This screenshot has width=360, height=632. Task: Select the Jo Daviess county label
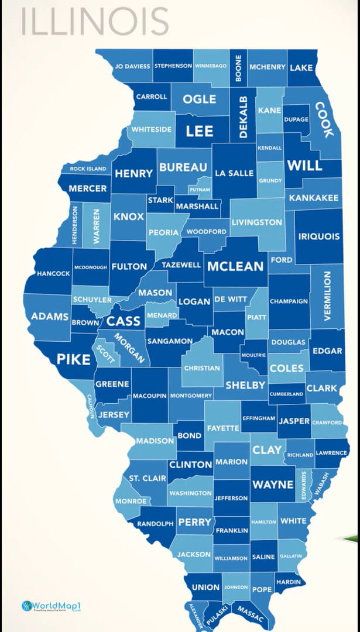coord(132,67)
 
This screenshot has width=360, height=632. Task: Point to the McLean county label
coord(236,266)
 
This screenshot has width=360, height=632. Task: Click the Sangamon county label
coord(170,341)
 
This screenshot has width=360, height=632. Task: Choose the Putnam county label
coord(200,190)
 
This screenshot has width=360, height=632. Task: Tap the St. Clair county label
coord(148,478)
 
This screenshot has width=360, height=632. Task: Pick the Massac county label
coord(250,614)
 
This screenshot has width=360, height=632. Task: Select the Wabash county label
coord(321,484)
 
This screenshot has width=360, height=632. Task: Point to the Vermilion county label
coord(327,296)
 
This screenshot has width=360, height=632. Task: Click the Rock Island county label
coord(88,169)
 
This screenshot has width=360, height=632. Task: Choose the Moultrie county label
coord(253,355)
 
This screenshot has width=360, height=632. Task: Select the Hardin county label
coord(288,582)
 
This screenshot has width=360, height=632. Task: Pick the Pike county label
coord(73,359)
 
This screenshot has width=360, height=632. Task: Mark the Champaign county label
coord(289,301)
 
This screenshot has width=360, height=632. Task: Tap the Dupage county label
coord(296,119)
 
